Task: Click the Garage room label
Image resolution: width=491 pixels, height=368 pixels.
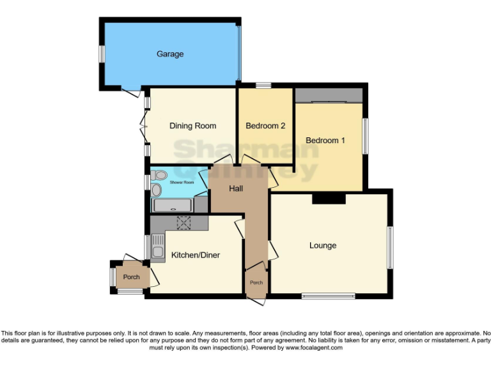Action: click(x=170, y=54)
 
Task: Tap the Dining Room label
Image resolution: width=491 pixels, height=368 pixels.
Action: click(x=192, y=126)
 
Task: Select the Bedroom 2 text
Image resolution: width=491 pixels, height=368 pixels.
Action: click(x=265, y=126)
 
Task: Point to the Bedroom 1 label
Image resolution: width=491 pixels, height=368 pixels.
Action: click(x=325, y=141)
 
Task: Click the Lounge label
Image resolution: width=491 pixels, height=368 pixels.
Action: click(x=323, y=245)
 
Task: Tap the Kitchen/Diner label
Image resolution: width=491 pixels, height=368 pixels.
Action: click(x=196, y=256)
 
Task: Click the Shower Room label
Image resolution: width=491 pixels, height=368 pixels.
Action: click(x=182, y=183)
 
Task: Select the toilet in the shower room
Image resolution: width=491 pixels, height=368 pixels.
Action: click(x=160, y=174)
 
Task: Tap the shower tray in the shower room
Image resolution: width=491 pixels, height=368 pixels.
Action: click(x=171, y=206)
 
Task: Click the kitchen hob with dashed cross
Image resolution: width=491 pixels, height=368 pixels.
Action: click(x=185, y=222)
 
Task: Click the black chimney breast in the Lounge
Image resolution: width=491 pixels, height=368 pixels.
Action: click(x=329, y=199)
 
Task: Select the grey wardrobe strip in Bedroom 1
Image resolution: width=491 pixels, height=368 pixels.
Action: click(x=329, y=95)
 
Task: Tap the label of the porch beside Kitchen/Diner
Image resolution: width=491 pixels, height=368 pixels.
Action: click(x=132, y=277)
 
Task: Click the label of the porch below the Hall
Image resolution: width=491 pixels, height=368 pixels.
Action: click(x=256, y=283)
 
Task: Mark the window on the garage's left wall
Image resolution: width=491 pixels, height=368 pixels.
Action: click(x=101, y=54)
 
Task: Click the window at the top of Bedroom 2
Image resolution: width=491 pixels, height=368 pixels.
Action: click(x=263, y=85)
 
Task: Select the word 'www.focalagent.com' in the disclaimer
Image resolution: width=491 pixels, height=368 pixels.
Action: click(x=314, y=348)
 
